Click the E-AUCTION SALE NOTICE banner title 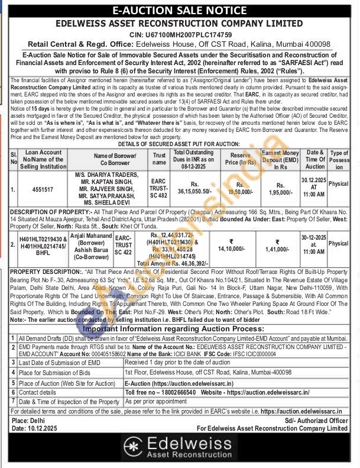[x=180, y=10]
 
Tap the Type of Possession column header [x=339, y=160]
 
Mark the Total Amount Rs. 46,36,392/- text [x=174, y=262]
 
